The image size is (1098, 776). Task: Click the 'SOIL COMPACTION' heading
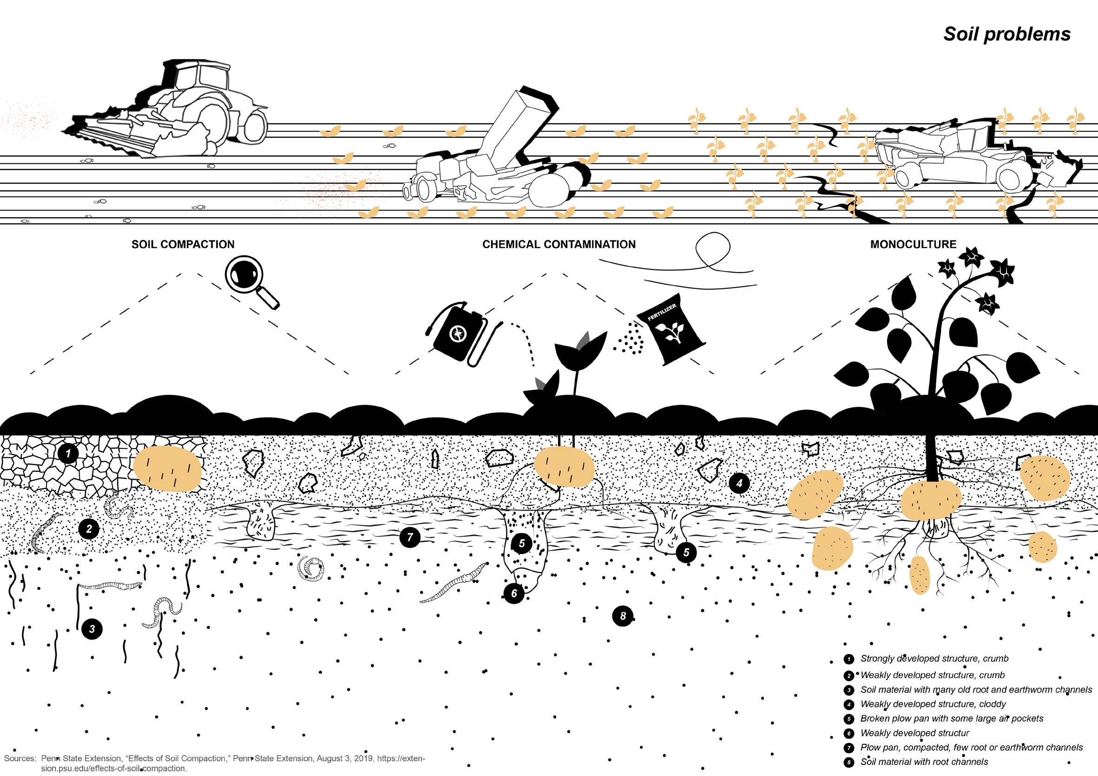tap(183, 245)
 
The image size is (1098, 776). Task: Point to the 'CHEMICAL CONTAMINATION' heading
tap(559, 245)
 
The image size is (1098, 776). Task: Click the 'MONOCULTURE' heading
tap(913, 245)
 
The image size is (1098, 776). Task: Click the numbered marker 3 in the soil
tap(92, 629)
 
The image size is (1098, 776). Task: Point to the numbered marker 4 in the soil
tap(739, 483)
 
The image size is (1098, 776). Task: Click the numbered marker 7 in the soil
tap(410, 537)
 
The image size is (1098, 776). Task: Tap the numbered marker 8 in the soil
tap(623, 616)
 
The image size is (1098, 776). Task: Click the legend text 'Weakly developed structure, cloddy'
tap(933, 704)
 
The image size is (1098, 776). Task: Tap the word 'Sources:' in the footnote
tap(20, 758)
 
